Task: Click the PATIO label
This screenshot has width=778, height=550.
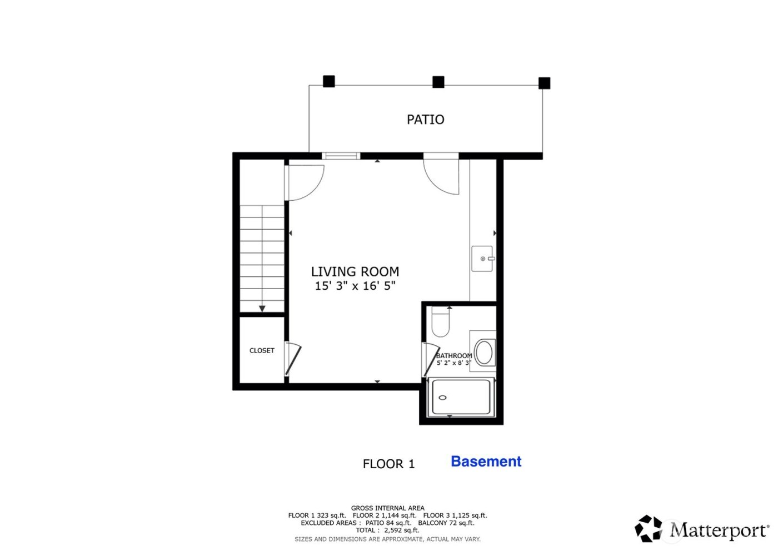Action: (425, 120)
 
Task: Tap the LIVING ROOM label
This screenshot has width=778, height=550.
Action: (355, 271)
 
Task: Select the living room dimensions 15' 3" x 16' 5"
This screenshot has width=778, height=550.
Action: (355, 286)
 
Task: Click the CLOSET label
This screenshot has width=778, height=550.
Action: (262, 350)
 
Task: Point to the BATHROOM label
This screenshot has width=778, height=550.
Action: (454, 355)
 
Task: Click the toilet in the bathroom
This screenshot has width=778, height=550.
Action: (440, 323)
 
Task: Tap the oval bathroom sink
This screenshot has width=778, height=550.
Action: (484, 352)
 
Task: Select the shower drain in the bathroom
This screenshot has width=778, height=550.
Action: (443, 398)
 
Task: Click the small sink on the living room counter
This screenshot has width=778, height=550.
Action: (482, 259)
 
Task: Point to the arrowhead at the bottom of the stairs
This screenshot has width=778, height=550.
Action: (262, 309)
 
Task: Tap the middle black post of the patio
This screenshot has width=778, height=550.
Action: (438, 82)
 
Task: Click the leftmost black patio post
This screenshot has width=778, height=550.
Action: (329, 82)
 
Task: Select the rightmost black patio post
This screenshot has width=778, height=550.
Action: (545, 83)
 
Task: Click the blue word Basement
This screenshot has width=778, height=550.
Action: (486, 462)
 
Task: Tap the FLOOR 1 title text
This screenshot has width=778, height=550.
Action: (388, 464)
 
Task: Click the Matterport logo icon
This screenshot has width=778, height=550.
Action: (649, 528)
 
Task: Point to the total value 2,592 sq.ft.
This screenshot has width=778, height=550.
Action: (401, 531)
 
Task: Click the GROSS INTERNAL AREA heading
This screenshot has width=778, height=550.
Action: (387, 508)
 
